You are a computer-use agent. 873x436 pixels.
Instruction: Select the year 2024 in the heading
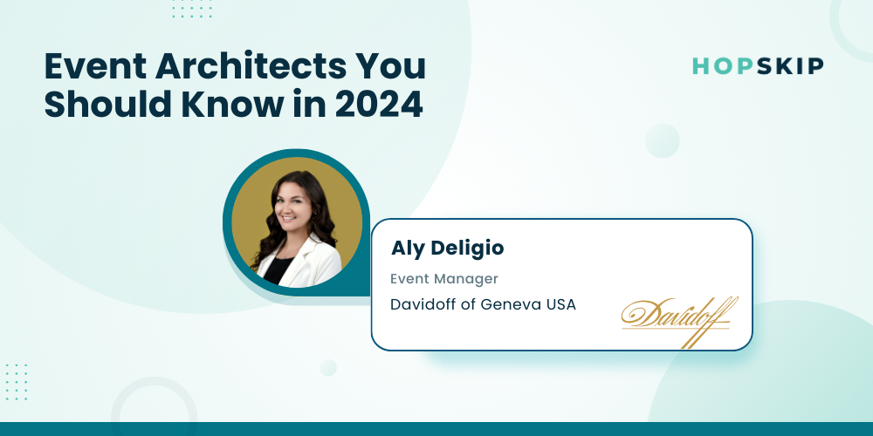pyautogui.click(x=379, y=105)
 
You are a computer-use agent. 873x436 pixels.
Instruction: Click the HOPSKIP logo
pyautogui.click(x=758, y=66)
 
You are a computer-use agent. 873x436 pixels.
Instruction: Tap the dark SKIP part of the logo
pyautogui.click(x=790, y=66)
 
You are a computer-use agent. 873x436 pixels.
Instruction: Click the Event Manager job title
pyautogui.click(x=443, y=279)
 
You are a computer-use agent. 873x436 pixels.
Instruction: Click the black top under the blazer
pyautogui.click(x=278, y=269)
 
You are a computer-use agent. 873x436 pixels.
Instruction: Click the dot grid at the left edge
pyautogui.click(x=16, y=382)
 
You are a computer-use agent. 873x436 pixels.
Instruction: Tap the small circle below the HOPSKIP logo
pyautogui.click(x=663, y=140)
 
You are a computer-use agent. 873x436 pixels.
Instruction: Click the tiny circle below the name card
pyautogui.click(x=328, y=368)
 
